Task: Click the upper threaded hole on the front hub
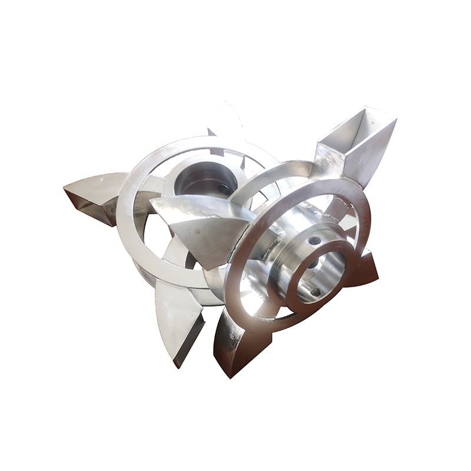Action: point(314,240)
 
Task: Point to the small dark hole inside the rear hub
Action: point(221,188)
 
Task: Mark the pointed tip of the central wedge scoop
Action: point(152,203)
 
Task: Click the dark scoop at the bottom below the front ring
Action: point(235,341)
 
